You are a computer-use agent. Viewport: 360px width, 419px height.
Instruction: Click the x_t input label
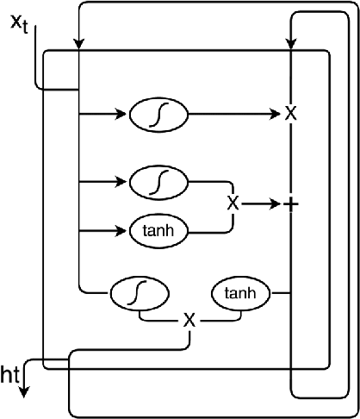pyautogui.click(x=18, y=22)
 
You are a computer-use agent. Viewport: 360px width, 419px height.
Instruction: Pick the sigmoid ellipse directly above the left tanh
pyautogui.click(x=157, y=182)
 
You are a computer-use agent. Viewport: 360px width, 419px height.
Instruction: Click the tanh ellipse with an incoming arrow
pyautogui.click(x=157, y=231)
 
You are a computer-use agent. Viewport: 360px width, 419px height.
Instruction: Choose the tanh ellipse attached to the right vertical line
pyautogui.click(x=240, y=294)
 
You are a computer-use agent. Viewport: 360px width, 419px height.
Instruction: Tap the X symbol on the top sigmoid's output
pyautogui.click(x=290, y=113)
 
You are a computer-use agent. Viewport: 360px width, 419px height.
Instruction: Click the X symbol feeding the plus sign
pyautogui.click(x=232, y=203)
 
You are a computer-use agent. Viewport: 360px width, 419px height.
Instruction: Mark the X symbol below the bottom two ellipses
pyautogui.click(x=189, y=320)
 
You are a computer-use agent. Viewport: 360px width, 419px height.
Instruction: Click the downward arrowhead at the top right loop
pyautogui.click(x=293, y=42)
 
